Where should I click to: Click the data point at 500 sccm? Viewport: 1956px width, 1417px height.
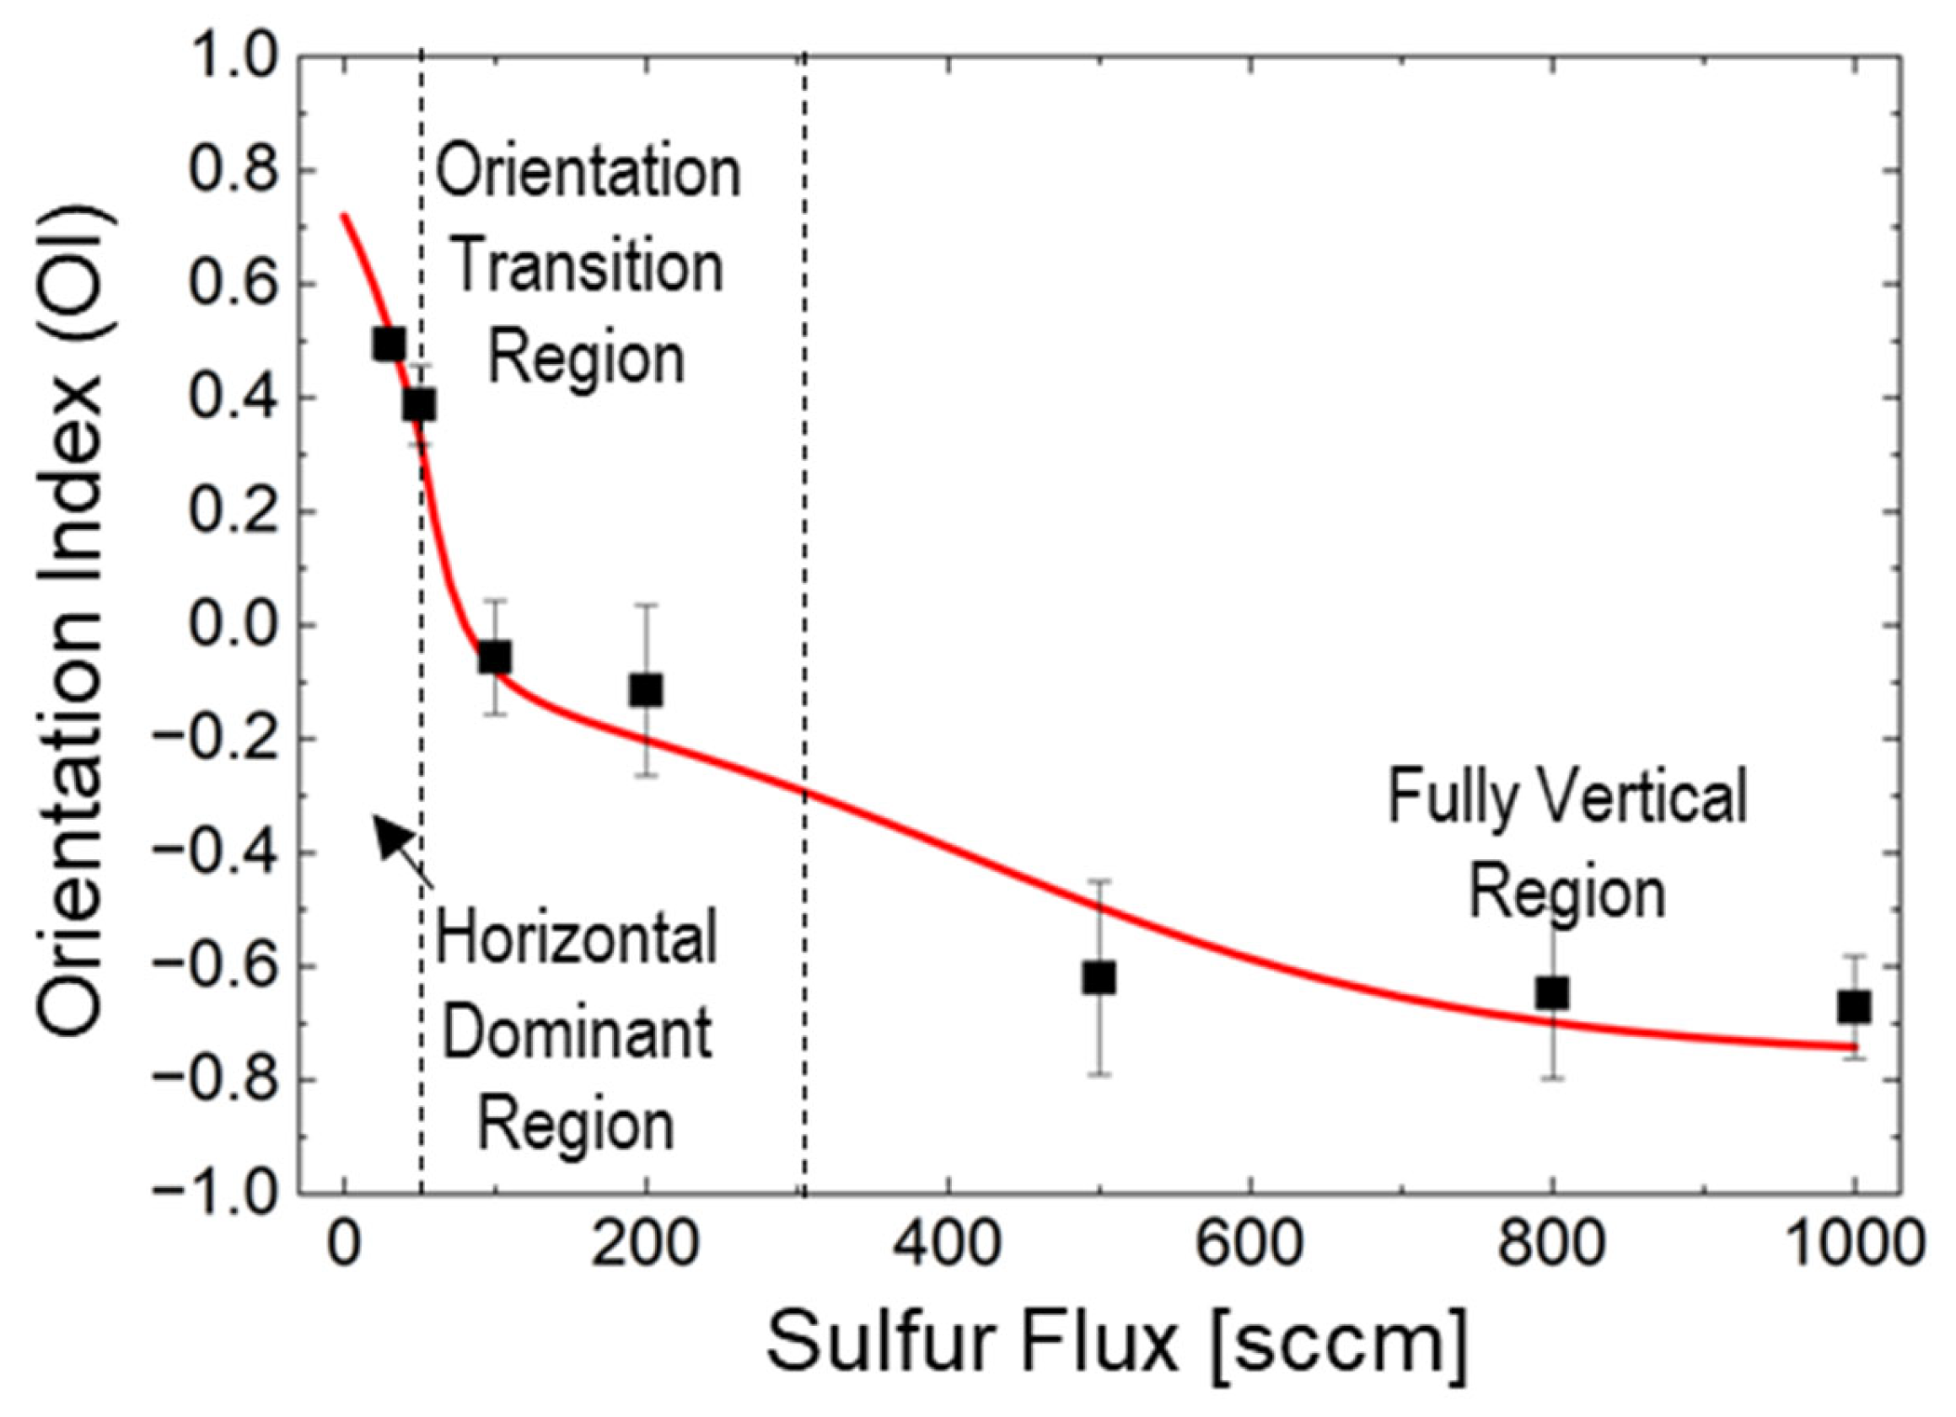pos(1098,979)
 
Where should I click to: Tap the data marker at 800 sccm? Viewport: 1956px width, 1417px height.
pos(1551,993)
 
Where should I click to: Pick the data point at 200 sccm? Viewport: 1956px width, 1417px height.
pos(646,689)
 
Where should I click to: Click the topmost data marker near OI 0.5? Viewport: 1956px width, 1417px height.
pos(389,344)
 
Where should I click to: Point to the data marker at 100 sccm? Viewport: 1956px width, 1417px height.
pos(494,657)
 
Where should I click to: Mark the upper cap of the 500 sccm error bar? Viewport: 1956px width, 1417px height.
pos(1099,881)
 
